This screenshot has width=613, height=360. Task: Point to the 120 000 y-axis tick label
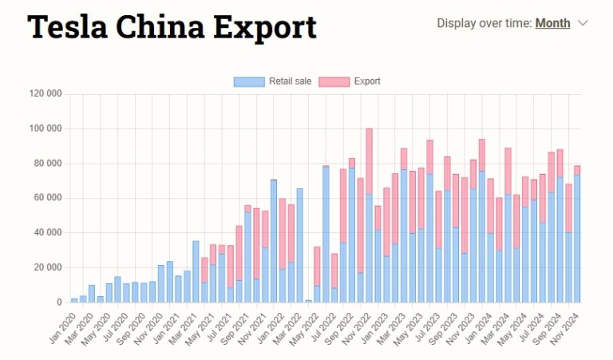click(44, 93)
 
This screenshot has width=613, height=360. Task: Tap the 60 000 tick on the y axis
click(47, 198)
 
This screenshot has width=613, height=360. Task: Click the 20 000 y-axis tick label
click(47, 267)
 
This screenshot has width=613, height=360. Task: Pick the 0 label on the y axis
click(59, 303)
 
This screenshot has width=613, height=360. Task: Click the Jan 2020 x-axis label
click(64, 326)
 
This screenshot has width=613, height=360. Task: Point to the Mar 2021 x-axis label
click(188, 326)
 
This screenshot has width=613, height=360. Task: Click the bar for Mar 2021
click(196, 271)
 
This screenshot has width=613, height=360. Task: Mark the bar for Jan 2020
click(74, 300)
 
